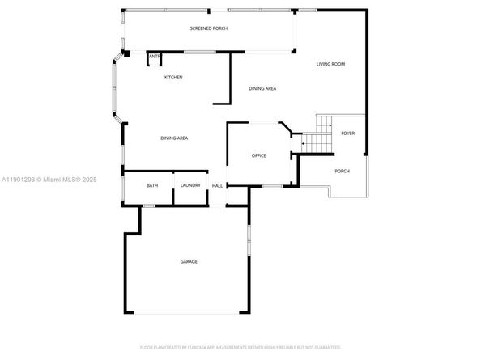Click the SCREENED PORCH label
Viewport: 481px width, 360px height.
pos(208,28)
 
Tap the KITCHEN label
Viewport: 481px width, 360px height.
pos(173,78)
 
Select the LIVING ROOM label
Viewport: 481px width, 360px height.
pos(331,64)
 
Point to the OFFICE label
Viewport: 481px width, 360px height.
pos(258,155)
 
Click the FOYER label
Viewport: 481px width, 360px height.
pos(347,133)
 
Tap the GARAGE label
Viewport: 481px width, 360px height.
pos(189,261)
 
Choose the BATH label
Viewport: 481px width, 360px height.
pos(152,186)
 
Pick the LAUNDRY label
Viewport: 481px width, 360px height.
pos(190,186)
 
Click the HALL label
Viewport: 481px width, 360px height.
pos(217,187)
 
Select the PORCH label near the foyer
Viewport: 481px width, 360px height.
pos(342,172)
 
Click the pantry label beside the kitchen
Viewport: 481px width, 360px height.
pos(154,56)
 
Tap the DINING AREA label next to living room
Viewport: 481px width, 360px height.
pos(262,88)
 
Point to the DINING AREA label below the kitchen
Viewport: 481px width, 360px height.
pos(174,138)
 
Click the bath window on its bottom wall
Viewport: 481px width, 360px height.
pos(148,205)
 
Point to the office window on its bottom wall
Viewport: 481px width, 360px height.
pos(271,186)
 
